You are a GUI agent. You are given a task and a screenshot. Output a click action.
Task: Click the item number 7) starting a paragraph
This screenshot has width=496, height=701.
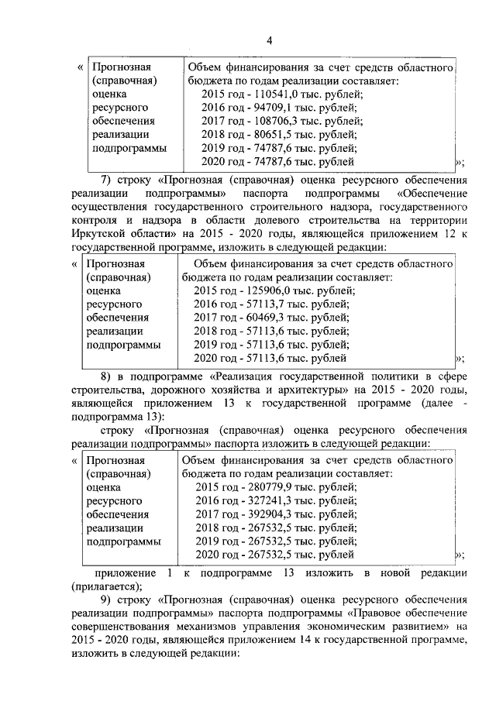pos(107,180)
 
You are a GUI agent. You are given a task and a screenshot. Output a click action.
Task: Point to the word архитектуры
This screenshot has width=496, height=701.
pos(314,390)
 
